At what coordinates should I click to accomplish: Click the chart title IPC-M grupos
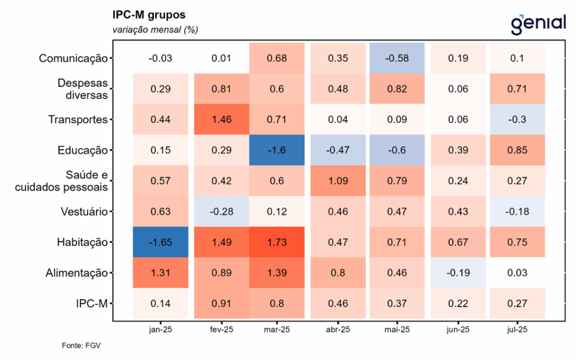[148, 15]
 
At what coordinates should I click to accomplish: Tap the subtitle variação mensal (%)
[155, 30]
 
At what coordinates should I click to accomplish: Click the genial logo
[538, 24]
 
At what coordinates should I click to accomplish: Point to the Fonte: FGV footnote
[81, 345]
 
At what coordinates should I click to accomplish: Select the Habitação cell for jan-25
[160, 242]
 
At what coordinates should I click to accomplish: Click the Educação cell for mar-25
[277, 150]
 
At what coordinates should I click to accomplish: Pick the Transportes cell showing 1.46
[222, 119]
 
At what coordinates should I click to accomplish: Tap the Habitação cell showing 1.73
[277, 242]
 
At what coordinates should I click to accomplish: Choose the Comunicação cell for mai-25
[397, 58]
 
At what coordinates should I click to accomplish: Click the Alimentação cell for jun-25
[458, 273]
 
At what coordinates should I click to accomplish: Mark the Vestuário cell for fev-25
[222, 211]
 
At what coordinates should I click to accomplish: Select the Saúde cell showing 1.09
[338, 181]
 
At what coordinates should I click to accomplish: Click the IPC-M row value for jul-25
[517, 303]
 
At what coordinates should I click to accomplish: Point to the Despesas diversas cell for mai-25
[397, 89]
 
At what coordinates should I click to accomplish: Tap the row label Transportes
[78, 119]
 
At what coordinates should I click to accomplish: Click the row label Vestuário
[84, 211]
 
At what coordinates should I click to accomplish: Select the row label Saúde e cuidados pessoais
[61, 181]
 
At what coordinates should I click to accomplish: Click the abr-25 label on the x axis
[338, 330]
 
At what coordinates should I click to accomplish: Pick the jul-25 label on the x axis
[517, 330]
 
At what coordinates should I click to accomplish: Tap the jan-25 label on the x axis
[160, 330]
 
